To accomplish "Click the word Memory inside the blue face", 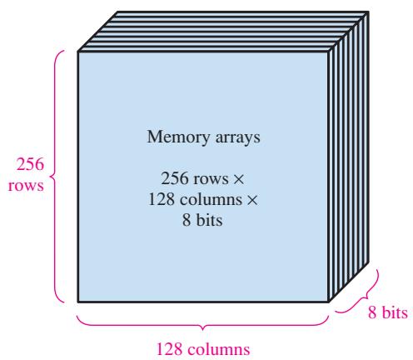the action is pos(178,137).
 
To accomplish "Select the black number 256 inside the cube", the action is pos(175,178).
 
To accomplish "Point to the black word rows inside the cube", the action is pos(211,180).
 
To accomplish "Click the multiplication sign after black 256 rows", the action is pos(238,179).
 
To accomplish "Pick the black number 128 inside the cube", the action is pos(162,199).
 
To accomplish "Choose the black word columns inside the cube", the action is pos(211,199).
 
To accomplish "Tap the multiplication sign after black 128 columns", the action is pos(252,200).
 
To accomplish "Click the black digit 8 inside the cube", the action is pos(187,220).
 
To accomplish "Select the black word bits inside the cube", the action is pos(210,220).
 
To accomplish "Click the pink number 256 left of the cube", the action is pos(30,164).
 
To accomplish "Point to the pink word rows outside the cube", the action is pos(26,186).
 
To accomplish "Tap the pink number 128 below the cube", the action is pos(170,349).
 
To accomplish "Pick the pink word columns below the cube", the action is pos(219,349).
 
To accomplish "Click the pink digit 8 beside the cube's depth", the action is pos(372,312).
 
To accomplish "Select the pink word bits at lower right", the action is pos(395,312).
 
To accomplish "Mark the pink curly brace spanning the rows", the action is pos(52,177).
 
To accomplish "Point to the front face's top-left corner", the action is pos(78,52).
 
